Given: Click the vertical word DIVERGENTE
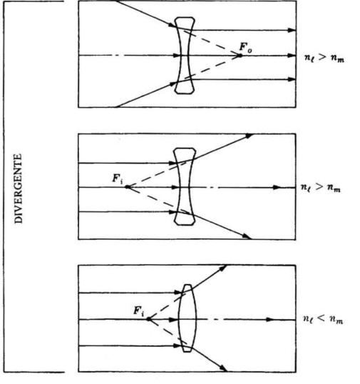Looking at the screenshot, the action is tap(19, 188).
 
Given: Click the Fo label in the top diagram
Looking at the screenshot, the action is tap(245, 47).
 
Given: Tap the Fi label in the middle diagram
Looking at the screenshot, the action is tap(118, 178).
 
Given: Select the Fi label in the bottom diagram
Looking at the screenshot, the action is tap(139, 310).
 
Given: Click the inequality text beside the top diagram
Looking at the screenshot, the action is tap(324, 59).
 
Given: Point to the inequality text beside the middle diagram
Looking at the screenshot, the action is tap(321, 188).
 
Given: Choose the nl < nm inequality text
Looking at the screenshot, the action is tap(323, 320).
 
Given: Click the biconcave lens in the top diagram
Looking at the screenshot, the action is tap(185, 56).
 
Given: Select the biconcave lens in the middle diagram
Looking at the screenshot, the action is tap(185, 186).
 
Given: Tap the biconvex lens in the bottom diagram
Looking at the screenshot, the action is tap(187, 318).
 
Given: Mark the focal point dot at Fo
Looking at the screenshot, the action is tap(240, 56).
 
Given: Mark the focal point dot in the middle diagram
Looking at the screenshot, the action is tap(128, 187).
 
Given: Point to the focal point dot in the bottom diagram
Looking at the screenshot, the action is tap(148, 319).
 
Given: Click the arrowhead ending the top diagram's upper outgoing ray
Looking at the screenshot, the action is tap(292, 31).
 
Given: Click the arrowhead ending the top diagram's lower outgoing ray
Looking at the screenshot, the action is tap(292, 79).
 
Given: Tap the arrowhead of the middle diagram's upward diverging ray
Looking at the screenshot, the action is tap(249, 136).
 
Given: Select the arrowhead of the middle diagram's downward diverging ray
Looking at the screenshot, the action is tap(246, 236).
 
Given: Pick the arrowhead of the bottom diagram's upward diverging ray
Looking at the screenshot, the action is tap(223, 268).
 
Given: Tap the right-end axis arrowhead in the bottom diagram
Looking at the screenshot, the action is tap(270, 320).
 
